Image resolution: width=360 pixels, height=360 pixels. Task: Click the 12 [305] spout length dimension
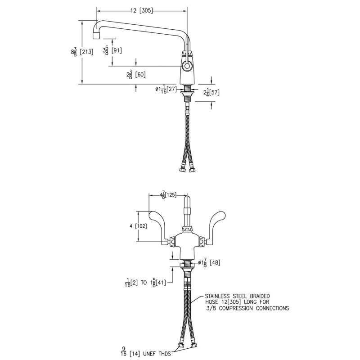click(141, 10)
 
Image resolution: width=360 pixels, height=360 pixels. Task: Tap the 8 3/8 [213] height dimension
click(82, 52)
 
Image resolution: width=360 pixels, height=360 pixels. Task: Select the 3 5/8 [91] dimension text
click(112, 50)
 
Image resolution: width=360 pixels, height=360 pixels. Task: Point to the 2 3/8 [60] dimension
click(136, 75)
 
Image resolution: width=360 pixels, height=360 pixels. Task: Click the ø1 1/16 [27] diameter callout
click(166, 89)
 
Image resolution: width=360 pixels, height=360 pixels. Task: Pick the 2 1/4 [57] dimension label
click(211, 92)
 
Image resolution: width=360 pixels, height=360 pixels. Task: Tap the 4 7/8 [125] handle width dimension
click(168, 195)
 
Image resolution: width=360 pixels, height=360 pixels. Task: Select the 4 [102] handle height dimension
click(138, 226)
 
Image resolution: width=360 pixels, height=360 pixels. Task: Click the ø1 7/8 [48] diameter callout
click(209, 262)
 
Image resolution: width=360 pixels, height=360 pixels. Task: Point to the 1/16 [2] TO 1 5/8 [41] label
click(145, 283)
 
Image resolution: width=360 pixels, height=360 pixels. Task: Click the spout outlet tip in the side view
click(96, 36)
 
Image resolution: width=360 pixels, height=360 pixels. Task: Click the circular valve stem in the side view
click(187, 66)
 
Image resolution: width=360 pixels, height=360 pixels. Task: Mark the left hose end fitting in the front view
click(181, 346)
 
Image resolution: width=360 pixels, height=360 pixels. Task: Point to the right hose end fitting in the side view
click(192, 170)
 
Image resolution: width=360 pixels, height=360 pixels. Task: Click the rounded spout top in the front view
click(187, 200)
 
